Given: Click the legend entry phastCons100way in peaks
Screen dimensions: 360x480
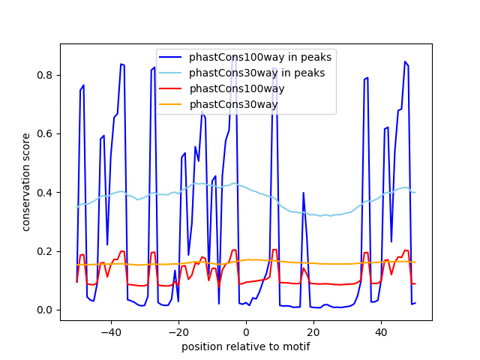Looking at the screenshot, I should (260, 57).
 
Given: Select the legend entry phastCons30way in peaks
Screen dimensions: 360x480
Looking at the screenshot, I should (256, 73).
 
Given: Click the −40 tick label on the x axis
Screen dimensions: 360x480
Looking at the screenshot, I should (110, 331).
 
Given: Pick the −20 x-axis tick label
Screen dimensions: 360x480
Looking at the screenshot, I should (178, 331).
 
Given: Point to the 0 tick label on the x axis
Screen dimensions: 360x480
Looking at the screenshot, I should (246, 331).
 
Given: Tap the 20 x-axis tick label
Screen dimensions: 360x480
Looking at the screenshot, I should (313, 331).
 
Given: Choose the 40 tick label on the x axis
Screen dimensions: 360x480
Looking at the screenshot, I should (381, 331).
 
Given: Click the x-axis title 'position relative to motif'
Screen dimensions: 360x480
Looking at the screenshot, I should (245, 346).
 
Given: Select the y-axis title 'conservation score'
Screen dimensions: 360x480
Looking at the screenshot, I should (26, 182).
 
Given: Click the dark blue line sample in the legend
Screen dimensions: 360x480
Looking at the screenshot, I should (172, 57).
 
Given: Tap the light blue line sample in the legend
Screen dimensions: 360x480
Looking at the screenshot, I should (172, 73).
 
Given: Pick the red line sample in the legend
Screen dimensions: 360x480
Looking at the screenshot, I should (172, 88).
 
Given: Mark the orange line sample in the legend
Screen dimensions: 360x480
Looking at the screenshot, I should (172, 104).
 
